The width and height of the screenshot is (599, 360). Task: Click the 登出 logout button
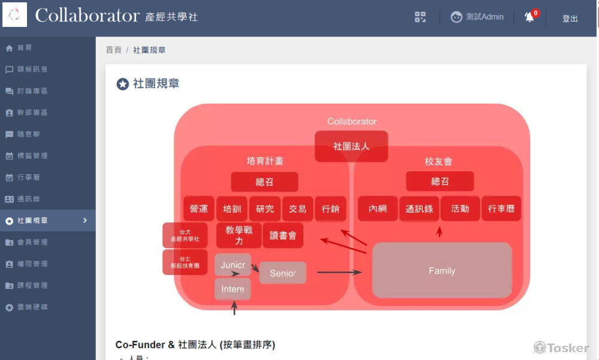pos(570,19)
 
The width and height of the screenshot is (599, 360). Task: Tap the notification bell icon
pos(530,17)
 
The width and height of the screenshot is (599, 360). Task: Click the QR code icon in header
pos(420,17)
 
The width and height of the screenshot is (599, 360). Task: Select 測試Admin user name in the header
pos(485,17)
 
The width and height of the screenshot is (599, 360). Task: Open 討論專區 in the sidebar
pos(32,91)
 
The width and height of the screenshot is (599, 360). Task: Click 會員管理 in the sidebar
pos(32,242)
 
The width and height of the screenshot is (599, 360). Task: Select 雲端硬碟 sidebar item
pos(32,307)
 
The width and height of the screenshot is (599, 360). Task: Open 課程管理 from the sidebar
pos(32,285)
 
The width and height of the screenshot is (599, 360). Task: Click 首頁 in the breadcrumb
pos(114,50)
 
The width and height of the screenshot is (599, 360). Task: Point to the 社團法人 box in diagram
pos(352,146)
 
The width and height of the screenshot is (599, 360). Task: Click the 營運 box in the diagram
pos(199,209)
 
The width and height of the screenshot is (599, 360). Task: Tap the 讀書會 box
pos(283,235)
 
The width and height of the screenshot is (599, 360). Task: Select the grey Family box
pos(442,271)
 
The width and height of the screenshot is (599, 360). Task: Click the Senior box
pos(283,273)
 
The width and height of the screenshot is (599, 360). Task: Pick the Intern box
pos(232,289)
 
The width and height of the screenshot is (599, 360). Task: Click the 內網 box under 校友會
pos(377,209)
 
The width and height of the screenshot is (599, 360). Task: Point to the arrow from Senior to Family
pos(339,273)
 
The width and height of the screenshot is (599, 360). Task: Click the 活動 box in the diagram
pos(460,209)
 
